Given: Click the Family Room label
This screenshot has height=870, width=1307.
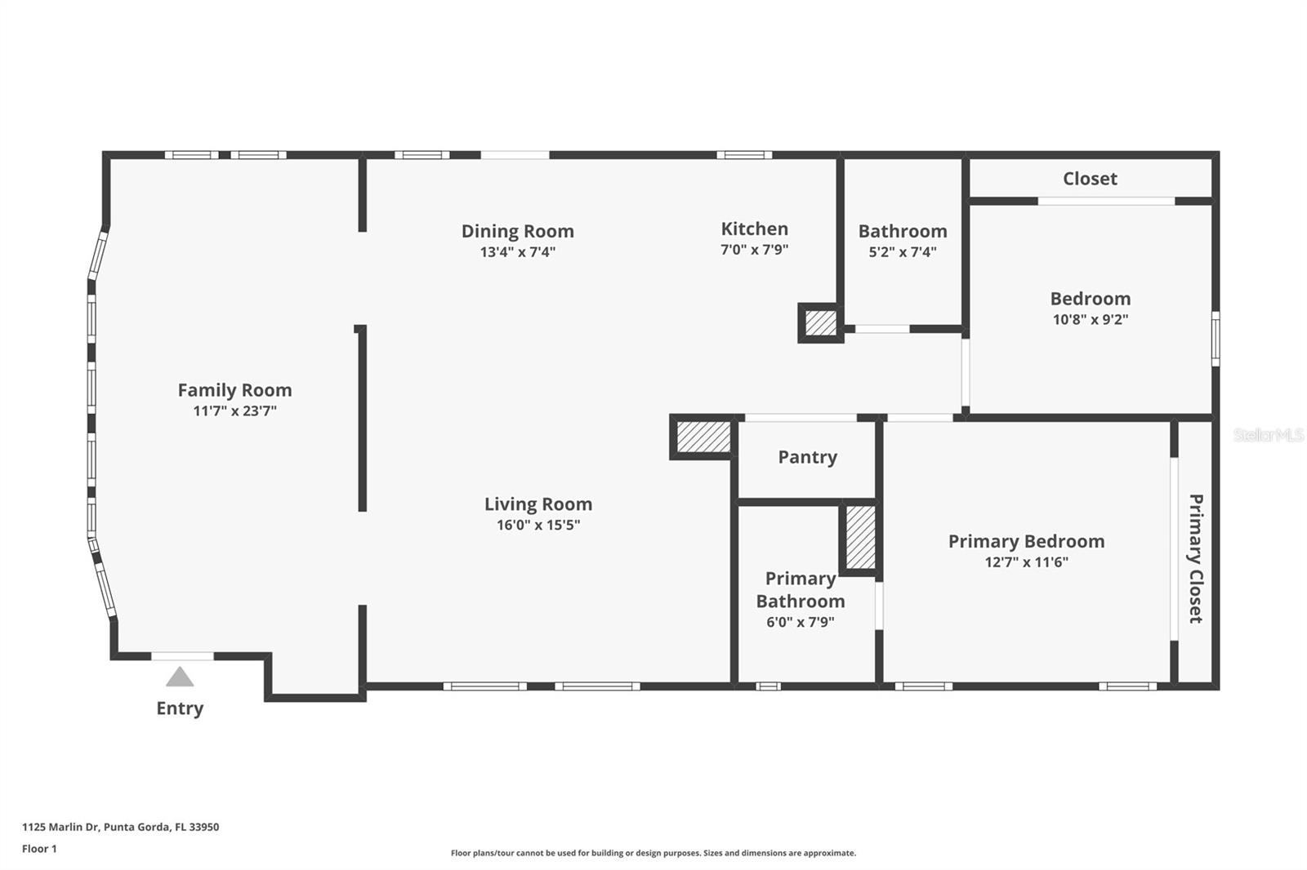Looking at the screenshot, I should (234, 390).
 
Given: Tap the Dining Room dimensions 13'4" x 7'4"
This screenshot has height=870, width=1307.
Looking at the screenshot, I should (517, 252).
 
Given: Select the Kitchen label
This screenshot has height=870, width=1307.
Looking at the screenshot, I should (754, 229).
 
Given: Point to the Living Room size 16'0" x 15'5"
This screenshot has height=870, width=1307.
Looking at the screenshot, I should (538, 525).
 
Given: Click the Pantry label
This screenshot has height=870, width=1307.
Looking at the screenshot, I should (807, 457).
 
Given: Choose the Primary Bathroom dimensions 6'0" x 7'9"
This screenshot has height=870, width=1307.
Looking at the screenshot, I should (800, 622).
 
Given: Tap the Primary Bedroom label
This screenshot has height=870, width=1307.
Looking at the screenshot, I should (1026, 541).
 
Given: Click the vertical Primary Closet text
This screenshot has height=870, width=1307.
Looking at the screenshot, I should (1195, 558).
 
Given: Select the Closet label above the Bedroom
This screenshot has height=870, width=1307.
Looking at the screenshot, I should (1090, 179).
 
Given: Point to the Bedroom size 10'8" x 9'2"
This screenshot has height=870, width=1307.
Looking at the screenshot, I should (1090, 320).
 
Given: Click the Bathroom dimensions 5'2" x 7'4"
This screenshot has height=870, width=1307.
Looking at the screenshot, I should (902, 252).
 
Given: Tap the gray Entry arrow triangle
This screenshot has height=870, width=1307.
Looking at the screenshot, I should (180, 677).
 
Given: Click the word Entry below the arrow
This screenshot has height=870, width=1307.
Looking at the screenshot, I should (180, 708).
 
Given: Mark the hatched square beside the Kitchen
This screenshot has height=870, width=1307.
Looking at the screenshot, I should (821, 323).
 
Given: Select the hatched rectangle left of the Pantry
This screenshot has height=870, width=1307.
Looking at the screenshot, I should (703, 437).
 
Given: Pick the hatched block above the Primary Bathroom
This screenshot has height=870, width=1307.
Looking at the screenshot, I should (860, 537).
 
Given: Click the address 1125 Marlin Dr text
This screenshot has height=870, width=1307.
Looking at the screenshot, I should (120, 827).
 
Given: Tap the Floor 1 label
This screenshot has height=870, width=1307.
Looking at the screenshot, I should (39, 849).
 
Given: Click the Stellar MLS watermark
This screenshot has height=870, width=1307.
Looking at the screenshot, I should (1268, 435).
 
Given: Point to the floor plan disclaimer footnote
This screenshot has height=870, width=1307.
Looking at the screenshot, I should (653, 853).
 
